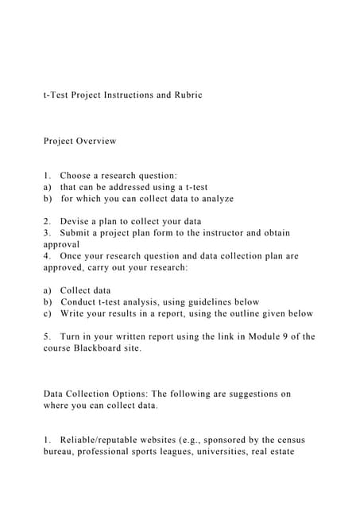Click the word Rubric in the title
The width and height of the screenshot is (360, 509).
point(187,95)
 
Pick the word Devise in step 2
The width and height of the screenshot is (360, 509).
point(76,221)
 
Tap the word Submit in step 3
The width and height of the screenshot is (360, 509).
point(79,233)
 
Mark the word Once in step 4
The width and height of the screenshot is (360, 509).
point(74,256)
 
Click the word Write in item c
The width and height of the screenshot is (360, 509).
point(75,313)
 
